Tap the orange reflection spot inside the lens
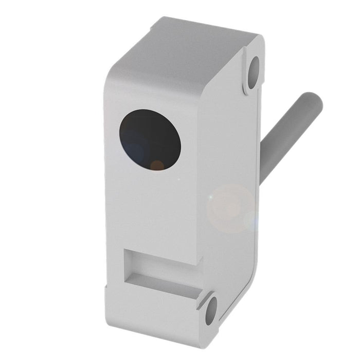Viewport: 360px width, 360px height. [x=157, y=165]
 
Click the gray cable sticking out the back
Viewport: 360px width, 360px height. [x=291, y=134]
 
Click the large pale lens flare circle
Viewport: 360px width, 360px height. [x=230, y=208]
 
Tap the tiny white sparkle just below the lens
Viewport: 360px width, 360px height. [x=178, y=179]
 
